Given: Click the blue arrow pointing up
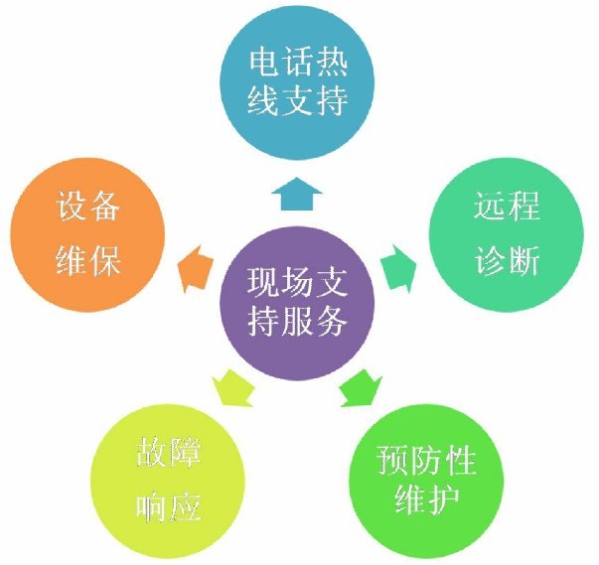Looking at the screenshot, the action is tap(297, 195).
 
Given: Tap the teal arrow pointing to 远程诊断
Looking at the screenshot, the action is tap(398, 269).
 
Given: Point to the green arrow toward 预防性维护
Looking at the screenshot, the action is tap(361, 388).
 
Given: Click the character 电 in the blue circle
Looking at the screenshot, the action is tap(263, 63).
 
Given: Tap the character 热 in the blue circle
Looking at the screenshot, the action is tap(331, 63).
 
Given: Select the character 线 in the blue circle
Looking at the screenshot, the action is tap(262, 100).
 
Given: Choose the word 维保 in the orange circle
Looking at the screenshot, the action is tap(87, 260).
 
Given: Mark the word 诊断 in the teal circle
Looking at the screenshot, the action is tap(507, 260).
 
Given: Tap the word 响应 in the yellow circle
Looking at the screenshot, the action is tap(169, 507).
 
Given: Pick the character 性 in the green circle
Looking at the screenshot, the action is tap(460, 460).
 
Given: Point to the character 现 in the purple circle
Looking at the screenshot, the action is tap(263, 282).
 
